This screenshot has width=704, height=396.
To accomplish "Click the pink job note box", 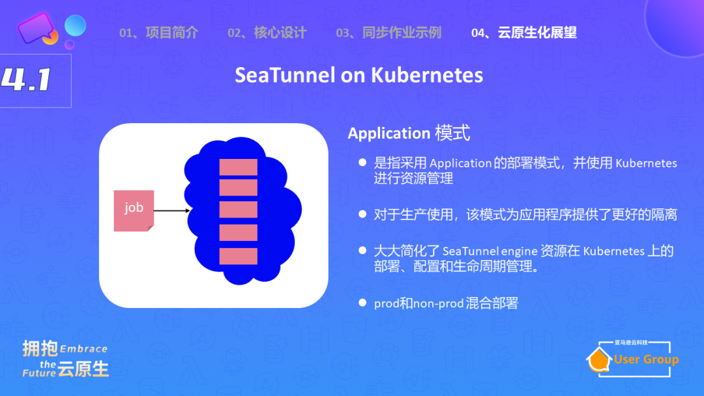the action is (134, 210).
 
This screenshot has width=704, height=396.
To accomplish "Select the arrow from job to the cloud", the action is (172, 210).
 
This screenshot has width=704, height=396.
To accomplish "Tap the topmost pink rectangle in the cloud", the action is (238, 166).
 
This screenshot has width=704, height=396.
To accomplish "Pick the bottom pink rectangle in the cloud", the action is (238, 255).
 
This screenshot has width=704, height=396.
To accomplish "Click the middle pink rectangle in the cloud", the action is (238, 210).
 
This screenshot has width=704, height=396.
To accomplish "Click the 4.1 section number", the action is (27, 80).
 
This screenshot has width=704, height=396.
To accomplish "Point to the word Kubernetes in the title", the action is (427, 76).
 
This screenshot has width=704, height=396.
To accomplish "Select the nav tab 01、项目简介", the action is (158, 33).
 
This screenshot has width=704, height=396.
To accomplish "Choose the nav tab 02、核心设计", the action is (267, 33).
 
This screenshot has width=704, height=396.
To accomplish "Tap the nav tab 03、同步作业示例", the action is (389, 33).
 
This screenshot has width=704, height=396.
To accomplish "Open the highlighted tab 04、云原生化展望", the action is (523, 33).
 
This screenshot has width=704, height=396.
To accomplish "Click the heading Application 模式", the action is (409, 134).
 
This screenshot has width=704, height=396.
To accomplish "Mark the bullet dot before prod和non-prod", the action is (362, 303).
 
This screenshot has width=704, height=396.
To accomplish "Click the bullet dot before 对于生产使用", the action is (362, 214).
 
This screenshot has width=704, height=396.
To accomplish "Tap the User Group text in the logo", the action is (645, 360).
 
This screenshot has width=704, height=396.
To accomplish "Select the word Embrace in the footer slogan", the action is (83, 349).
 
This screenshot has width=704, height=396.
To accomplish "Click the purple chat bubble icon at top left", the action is (35, 27).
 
